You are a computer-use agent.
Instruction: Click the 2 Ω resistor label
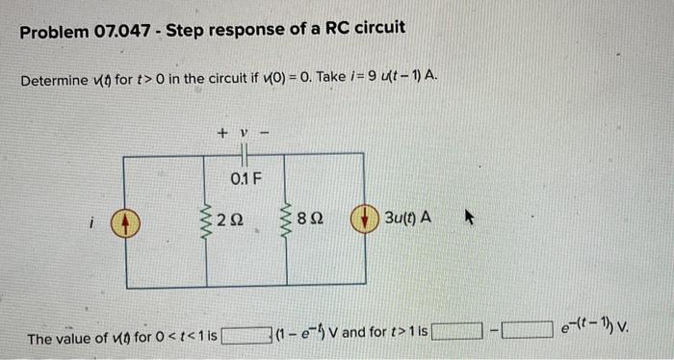click(228, 220)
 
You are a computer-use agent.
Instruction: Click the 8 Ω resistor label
click(308, 220)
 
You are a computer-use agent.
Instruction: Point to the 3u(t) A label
click(407, 219)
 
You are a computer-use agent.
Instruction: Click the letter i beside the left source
click(91, 222)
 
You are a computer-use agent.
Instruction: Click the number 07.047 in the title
click(118, 30)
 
